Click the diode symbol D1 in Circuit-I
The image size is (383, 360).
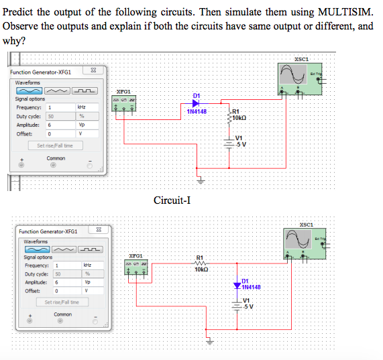197,103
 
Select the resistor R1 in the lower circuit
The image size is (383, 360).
199,263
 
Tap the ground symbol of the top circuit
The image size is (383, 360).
199,179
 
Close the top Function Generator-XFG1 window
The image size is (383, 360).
93,71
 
